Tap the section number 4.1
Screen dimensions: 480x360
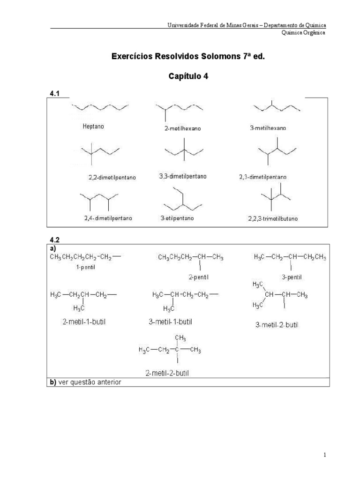(55, 94)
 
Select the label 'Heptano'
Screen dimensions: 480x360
(93, 127)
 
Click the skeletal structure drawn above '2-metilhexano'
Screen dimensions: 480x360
(180, 111)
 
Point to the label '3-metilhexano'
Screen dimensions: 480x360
(268, 127)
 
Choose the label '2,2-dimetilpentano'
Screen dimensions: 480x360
(112, 178)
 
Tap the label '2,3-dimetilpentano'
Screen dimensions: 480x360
(263, 177)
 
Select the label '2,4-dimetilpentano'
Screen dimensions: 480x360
(108, 218)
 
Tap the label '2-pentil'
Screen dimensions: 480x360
(199, 277)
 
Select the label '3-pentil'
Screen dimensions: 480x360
(291, 277)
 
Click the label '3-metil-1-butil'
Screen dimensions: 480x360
(171, 322)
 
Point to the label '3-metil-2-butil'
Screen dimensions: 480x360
(277, 324)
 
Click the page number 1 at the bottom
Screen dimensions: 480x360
(324, 455)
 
